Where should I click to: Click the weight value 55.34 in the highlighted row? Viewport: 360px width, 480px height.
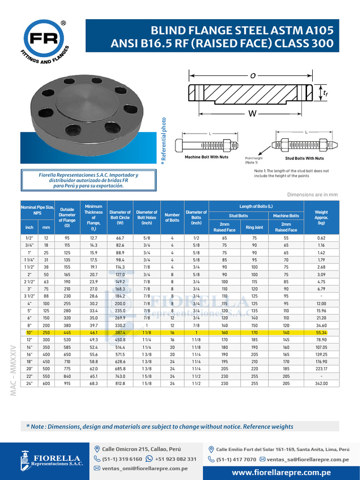coord(321,332)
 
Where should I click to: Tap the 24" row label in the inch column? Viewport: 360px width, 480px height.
coord(29,383)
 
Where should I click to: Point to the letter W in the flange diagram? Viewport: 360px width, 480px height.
coord(252,113)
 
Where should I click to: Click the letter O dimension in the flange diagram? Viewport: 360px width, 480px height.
coord(253,76)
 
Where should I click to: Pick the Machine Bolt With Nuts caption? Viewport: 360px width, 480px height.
coord(206,157)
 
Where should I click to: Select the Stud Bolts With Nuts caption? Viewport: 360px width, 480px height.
coord(304,158)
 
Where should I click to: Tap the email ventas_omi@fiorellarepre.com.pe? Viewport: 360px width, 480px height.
coord(145,468)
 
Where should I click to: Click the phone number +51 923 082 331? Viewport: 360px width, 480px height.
coord(175,459)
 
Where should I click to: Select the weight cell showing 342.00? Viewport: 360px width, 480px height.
coord(321,383)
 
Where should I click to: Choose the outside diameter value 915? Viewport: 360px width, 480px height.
coord(67,383)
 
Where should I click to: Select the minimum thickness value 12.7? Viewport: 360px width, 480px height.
coord(93,238)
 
